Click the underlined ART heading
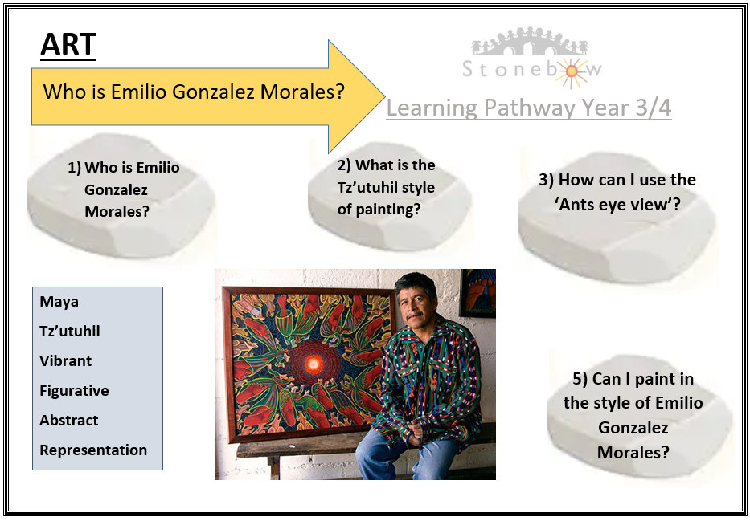(68, 46)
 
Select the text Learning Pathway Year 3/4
(529, 108)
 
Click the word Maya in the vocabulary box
(59, 303)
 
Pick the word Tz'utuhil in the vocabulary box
(70, 332)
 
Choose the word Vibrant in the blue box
(66, 361)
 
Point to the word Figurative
(74, 391)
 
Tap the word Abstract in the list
(69, 420)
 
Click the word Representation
(93, 450)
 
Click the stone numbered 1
(121, 195)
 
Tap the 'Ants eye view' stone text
(617, 192)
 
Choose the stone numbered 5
(638, 414)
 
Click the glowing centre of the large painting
(313, 364)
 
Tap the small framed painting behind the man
(477, 293)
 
